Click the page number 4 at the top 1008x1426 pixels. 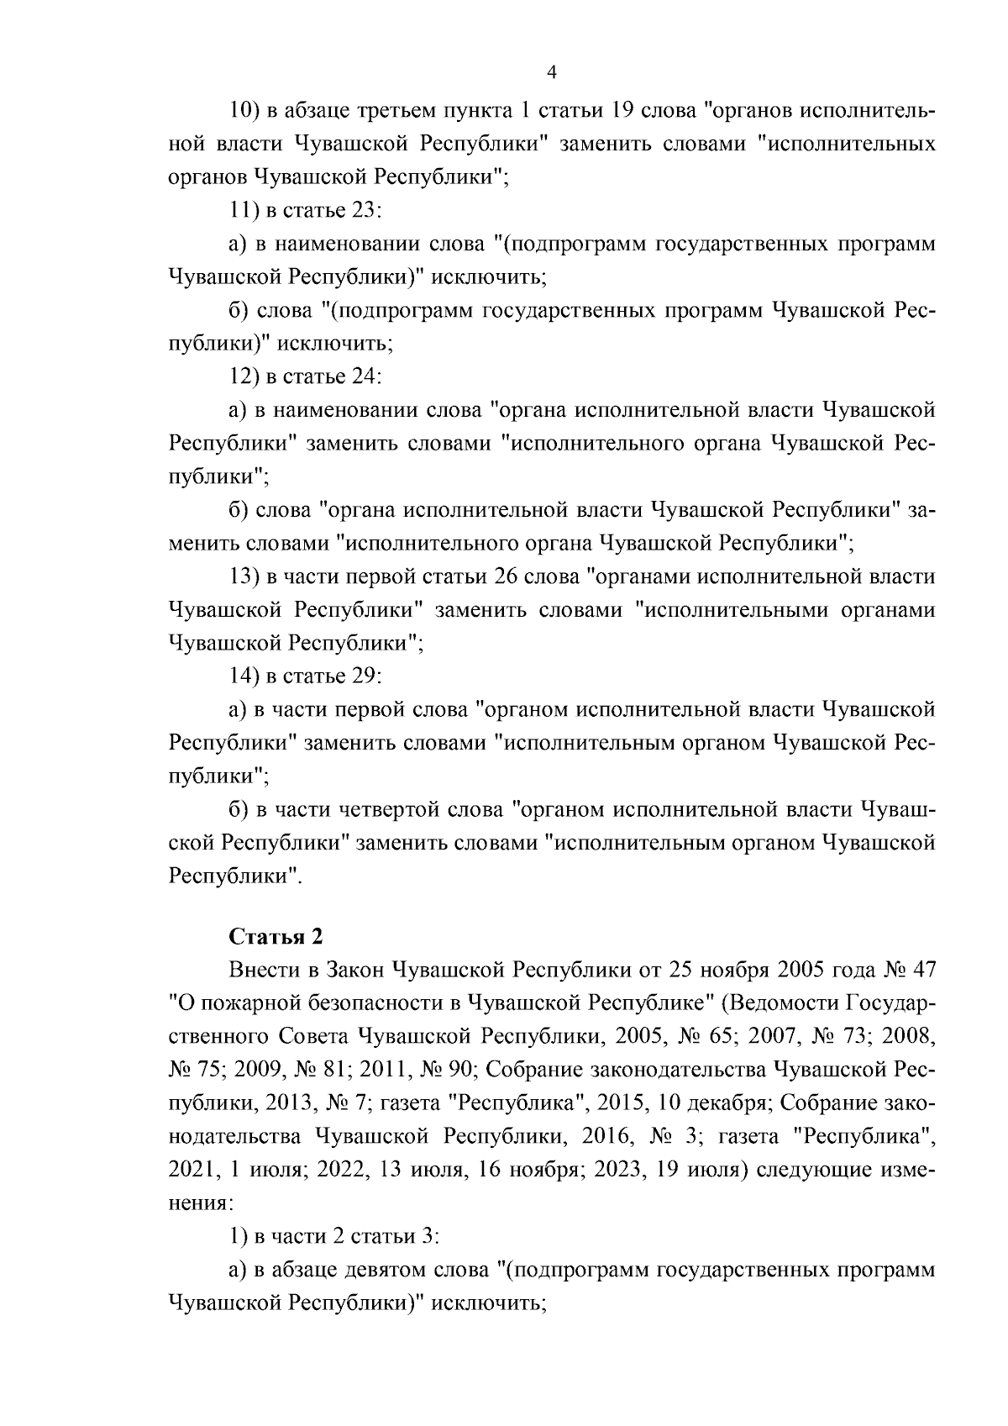tap(552, 72)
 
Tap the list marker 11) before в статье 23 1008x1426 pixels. tap(242, 211)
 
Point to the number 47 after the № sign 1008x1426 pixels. tap(922, 970)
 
